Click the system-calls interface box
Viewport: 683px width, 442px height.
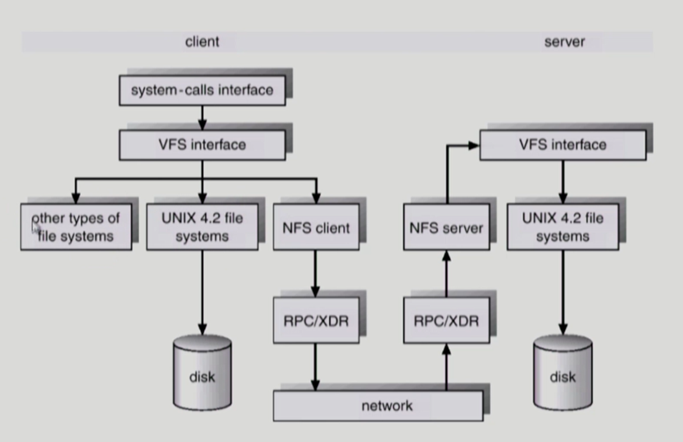click(202, 90)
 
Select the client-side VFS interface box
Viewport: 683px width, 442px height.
click(202, 145)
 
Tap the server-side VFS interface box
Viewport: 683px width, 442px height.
click(563, 145)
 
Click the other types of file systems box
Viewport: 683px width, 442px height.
click(76, 227)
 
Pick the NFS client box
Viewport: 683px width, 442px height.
click(316, 227)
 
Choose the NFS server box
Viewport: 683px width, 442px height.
click(446, 227)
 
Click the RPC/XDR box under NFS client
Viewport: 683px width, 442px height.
click(316, 320)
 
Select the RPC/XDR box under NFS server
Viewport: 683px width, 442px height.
click(446, 320)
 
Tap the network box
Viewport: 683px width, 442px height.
click(378, 406)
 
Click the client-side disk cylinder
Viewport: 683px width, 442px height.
click(202, 373)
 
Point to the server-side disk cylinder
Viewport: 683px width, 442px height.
click(563, 373)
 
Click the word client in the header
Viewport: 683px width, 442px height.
click(202, 42)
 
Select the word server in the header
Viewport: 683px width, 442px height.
click(564, 42)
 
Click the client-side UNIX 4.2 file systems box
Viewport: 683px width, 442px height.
click(202, 227)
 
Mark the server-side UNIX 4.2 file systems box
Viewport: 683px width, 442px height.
click(563, 227)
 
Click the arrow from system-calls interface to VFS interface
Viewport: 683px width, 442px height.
click(202, 118)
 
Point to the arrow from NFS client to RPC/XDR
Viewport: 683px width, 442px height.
click(316, 274)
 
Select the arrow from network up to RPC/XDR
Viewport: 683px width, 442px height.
click(446, 367)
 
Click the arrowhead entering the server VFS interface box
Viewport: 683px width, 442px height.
click(474, 146)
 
